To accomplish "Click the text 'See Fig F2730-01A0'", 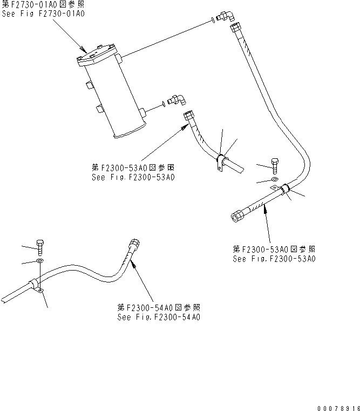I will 44,14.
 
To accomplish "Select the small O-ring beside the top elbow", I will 215,20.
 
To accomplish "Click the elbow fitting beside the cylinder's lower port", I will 176,99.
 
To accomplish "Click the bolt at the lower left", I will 40,247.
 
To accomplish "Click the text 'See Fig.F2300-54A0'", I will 159,316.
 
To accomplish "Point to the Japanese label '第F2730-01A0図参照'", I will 43,4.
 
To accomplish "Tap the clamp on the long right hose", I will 284,190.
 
